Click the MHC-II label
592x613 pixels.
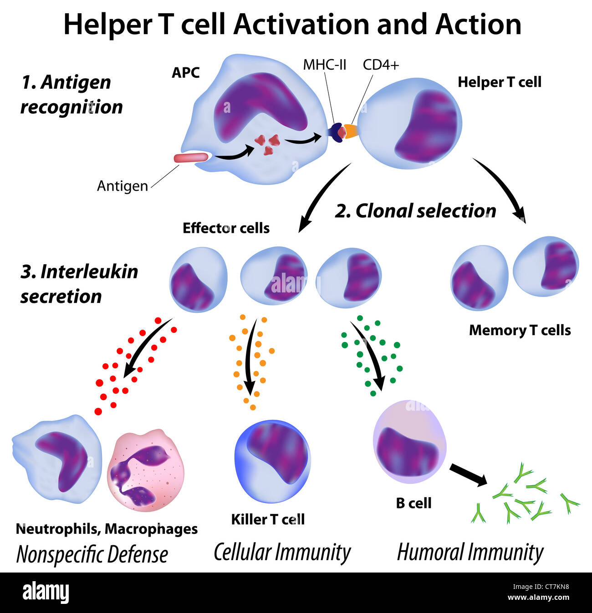[x=325, y=65]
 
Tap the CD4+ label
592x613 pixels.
[x=381, y=65]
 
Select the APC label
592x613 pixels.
[x=185, y=73]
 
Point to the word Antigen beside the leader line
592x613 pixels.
[x=122, y=186]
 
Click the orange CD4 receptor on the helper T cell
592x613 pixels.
[x=351, y=131]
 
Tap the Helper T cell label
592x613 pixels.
[x=499, y=82]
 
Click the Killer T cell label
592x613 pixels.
[x=268, y=519]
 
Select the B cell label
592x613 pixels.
[x=413, y=503]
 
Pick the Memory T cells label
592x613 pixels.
[x=520, y=330]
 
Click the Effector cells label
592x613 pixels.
[x=226, y=228]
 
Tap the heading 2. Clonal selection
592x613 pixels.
[x=415, y=211]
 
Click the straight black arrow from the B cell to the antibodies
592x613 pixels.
[x=468, y=475]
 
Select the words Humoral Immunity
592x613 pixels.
[x=470, y=553]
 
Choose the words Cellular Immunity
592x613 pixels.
[x=282, y=553]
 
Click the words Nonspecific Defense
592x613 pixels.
[x=92, y=555]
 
